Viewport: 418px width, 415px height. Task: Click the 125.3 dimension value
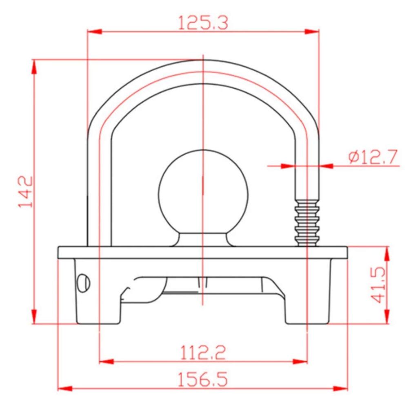(x=203, y=23)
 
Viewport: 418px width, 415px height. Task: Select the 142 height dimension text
(x=26, y=191)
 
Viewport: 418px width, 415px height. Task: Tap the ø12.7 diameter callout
(x=373, y=157)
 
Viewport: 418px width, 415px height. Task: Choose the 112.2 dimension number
(x=203, y=352)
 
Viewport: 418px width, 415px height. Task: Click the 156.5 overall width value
(x=203, y=379)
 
